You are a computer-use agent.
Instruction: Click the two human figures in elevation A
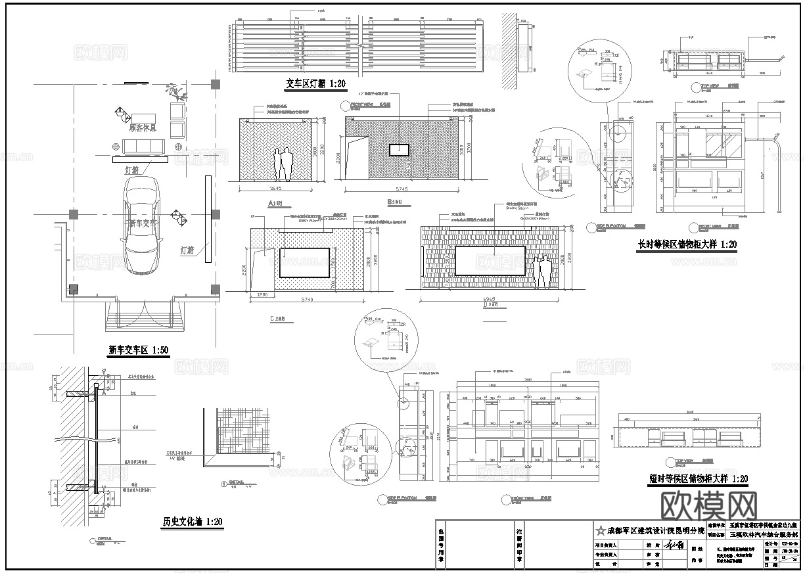click(x=285, y=165)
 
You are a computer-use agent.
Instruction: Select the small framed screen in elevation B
click(x=399, y=150)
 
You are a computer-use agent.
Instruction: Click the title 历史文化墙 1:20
click(x=193, y=522)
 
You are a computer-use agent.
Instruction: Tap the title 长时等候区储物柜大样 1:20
click(x=687, y=244)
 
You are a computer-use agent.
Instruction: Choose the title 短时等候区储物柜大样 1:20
click(x=697, y=479)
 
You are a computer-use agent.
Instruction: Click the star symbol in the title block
click(x=599, y=530)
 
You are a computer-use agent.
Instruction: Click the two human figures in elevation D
click(x=542, y=273)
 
